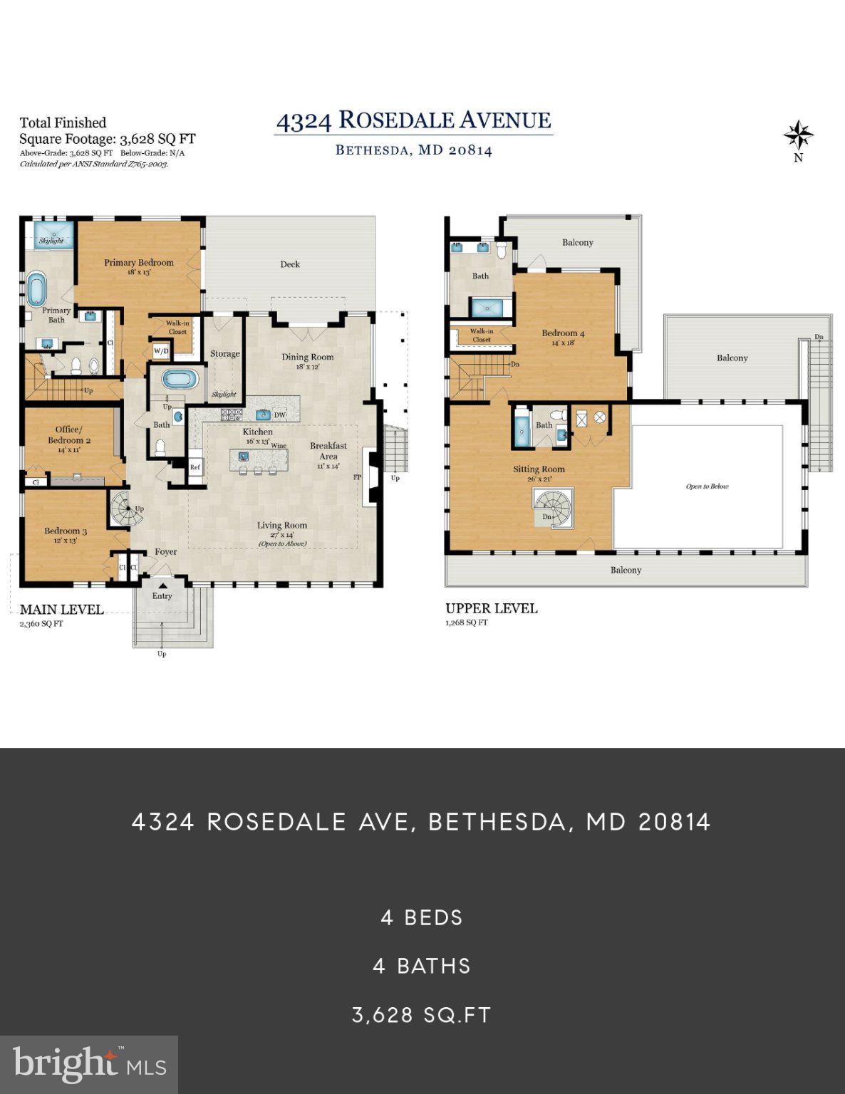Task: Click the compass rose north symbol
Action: (798, 135)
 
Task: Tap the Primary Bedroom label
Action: (139, 263)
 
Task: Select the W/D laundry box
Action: (161, 351)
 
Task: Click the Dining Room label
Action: (307, 358)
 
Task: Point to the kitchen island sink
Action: (244, 456)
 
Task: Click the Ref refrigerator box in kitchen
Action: (195, 467)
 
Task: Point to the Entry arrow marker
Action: (162, 586)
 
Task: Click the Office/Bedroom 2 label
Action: (69, 434)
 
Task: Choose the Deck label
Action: (290, 264)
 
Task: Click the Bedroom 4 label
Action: (563, 333)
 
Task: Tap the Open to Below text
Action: (707, 486)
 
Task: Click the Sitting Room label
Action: (539, 469)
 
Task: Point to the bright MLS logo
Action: (89, 1065)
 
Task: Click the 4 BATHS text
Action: (422, 966)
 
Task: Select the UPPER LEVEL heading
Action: (492, 608)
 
